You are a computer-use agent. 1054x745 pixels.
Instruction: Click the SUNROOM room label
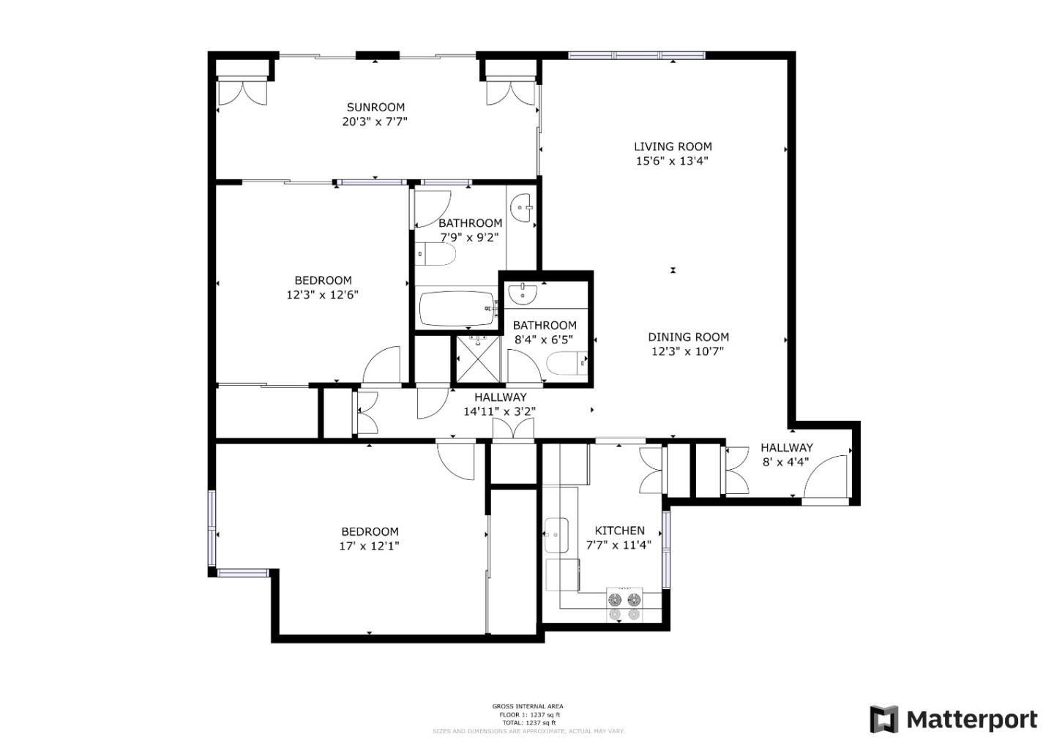pyautogui.click(x=375, y=107)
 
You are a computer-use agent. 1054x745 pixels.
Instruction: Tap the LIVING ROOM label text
pyautogui.click(x=672, y=146)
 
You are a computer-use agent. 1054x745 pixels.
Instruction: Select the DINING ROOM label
pyautogui.click(x=688, y=337)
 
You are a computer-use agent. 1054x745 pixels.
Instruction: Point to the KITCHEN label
pyautogui.click(x=619, y=531)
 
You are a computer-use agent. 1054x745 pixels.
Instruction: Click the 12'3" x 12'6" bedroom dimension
pyautogui.click(x=323, y=295)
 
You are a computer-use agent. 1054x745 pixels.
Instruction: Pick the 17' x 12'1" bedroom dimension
pyautogui.click(x=370, y=546)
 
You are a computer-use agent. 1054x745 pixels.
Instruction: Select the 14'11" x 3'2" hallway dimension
pyautogui.click(x=499, y=411)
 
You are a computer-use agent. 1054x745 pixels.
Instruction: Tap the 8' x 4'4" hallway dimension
pyautogui.click(x=785, y=462)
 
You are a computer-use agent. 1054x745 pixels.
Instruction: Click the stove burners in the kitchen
pyautogui.click(x=624, y=605)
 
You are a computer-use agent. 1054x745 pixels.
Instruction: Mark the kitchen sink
pyautogui.click(x=556, y=536)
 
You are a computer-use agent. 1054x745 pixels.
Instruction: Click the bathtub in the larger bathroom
pyautogui.click(x=457, y=309)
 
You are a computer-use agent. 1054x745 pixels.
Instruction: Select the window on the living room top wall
pyautogui.click(x=637, y=55)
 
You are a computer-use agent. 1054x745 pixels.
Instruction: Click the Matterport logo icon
pyautogui.click(x=883, y=719)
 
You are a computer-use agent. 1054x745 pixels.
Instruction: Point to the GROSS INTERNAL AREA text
pyautogui.click(x=527, y=706)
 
